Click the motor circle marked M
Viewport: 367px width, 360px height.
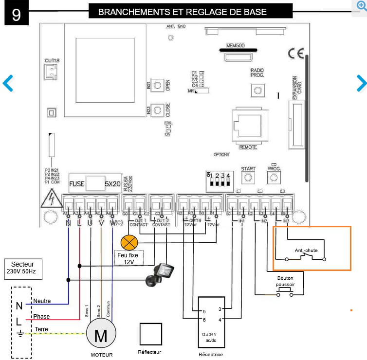click(x=102, y=335)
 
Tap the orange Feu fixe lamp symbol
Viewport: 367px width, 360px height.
click(x=129, y=241)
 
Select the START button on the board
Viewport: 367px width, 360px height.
click(x=248, y=178)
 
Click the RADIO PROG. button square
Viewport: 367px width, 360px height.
click(x=257, y=90)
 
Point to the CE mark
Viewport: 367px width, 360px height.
click(x=295, y=53)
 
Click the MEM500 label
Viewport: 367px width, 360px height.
click(x=235, y=46)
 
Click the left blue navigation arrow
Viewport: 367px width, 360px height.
click(x=8, y=83)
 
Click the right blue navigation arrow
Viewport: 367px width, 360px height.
click(x=361, y=83)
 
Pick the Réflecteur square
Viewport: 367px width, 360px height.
click(x=150, y=334)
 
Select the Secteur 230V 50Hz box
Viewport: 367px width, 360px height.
click(x=23, y=268)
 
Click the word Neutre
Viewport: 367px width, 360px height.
click(x=42, y=301)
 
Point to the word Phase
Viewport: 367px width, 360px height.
click(x=41, y=316)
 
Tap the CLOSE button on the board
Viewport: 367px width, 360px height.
click(x=157, y=110)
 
